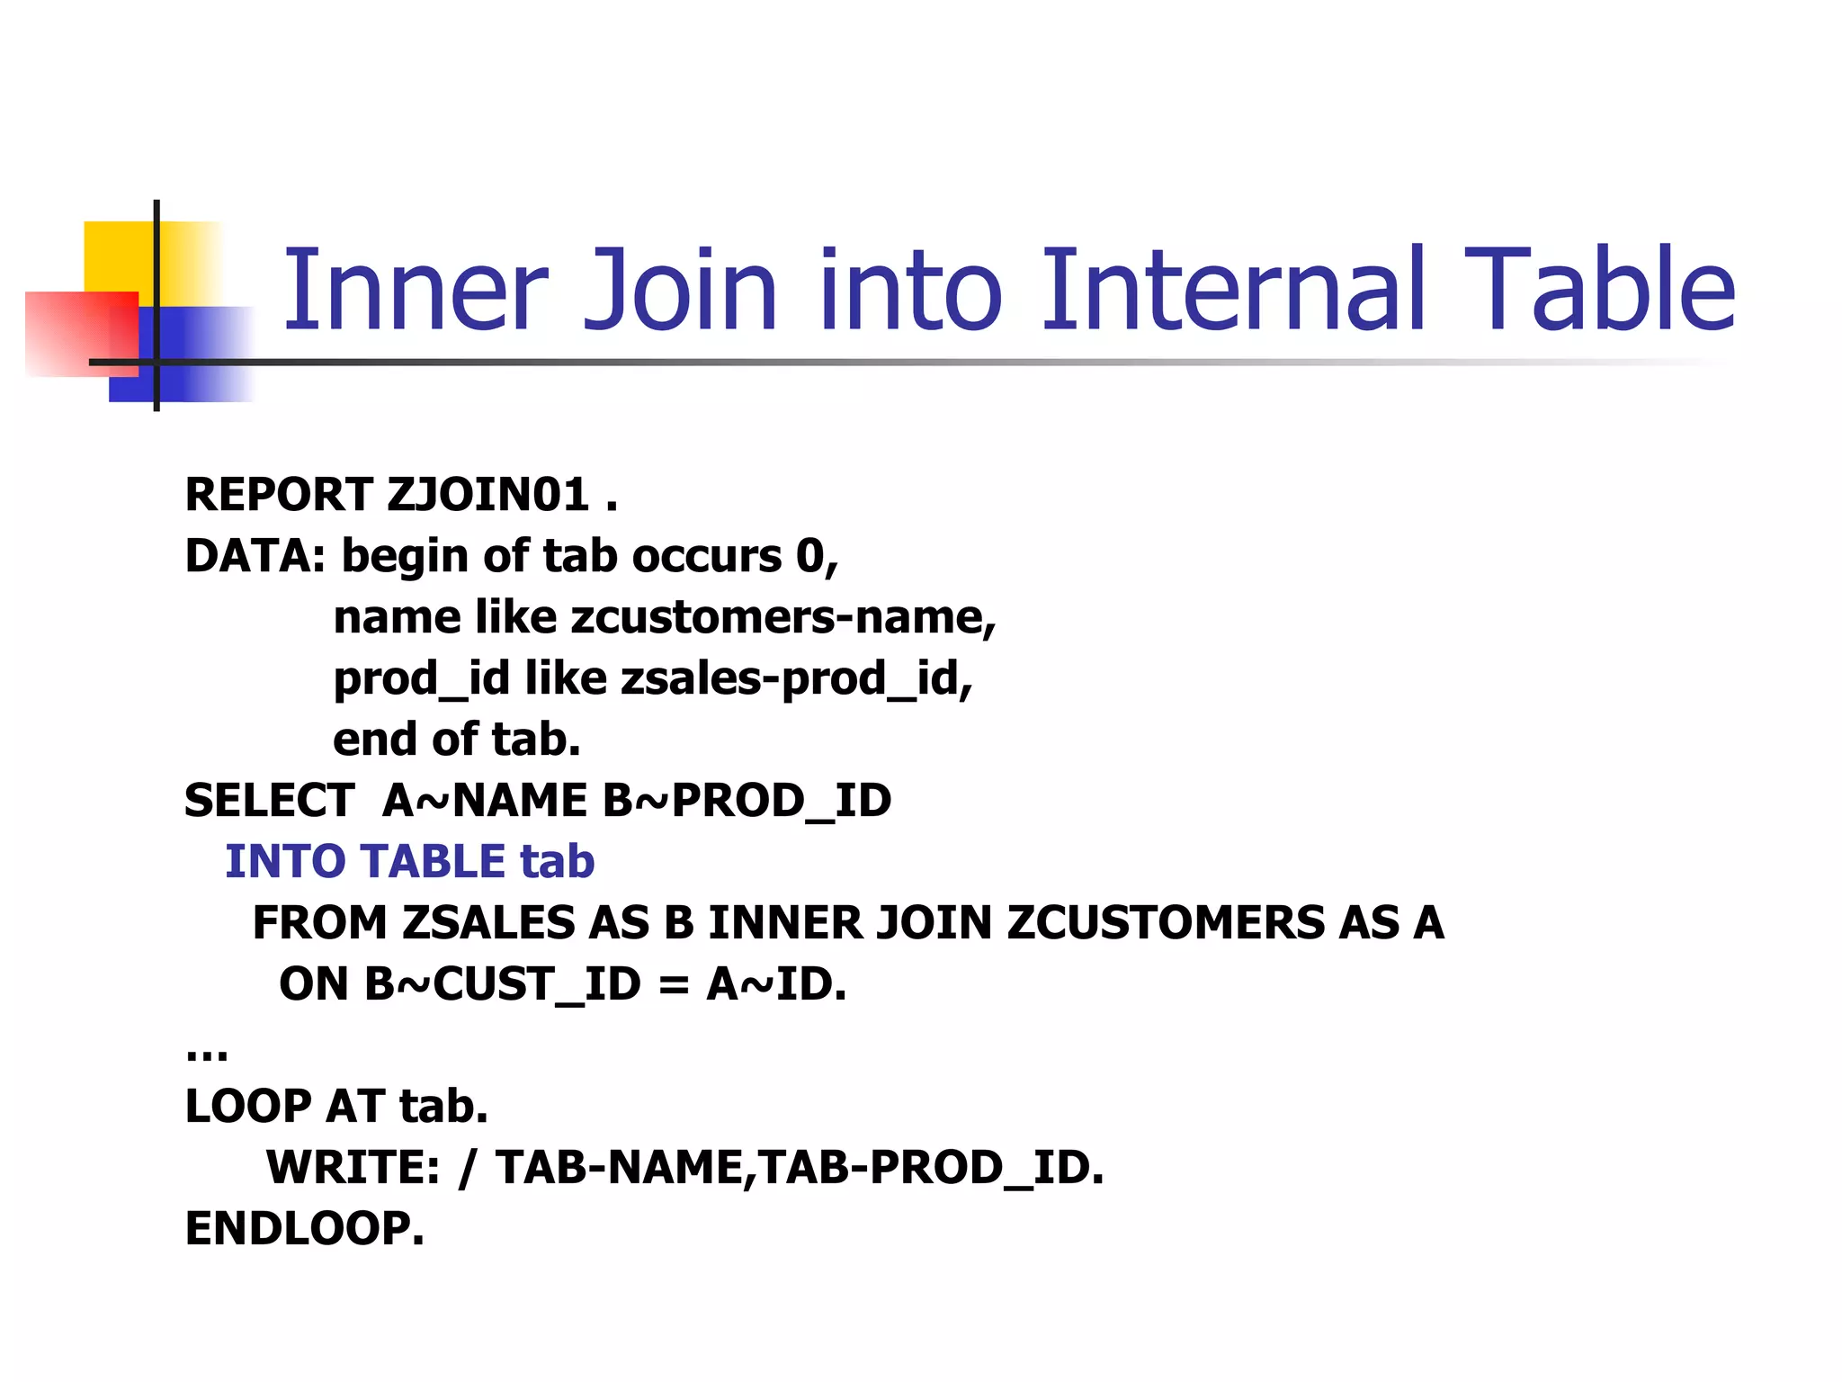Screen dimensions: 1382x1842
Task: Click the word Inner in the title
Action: [x=415, y=290]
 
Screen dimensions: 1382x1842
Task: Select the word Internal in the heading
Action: [x=1233, y=290]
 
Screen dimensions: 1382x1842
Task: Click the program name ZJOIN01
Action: [x=488, y=495]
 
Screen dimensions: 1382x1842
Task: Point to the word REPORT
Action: [x=278, y=495]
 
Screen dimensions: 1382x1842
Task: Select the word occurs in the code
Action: [x=706, y=556]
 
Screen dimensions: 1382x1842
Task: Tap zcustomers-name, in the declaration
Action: [x=783, y=617]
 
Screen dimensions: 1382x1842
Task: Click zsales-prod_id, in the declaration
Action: [x=797, y=678]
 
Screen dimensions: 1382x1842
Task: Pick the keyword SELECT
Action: [x=269, y=801]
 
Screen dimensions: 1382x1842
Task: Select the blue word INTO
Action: [x=283, y=862]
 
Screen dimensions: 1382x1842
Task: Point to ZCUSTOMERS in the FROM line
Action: [x=1166, y=923]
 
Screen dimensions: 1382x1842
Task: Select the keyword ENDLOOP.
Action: [x=304, y=1229]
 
